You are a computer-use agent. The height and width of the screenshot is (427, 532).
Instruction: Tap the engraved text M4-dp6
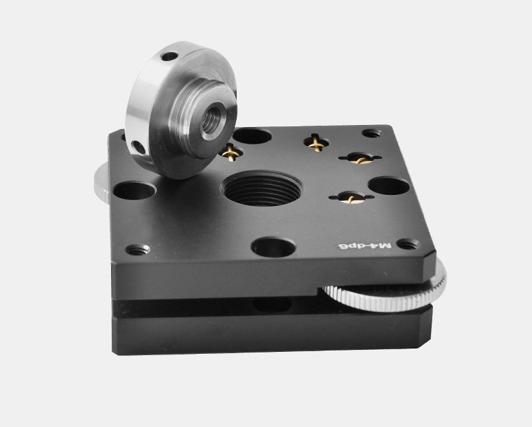tap(365, 245)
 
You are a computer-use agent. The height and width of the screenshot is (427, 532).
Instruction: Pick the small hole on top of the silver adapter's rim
tap(170, 56)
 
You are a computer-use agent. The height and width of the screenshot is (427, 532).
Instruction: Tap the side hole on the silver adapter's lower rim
tap(139, 148)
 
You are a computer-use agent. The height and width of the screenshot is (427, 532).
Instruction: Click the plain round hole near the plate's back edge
tap(252, 136)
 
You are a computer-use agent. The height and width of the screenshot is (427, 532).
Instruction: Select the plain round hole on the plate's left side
tap(134, 190)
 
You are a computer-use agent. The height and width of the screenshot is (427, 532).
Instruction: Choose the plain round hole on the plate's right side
tap(389, 186)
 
